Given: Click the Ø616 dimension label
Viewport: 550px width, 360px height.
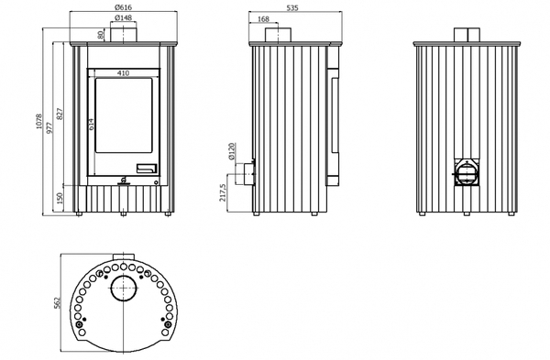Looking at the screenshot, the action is [123, 7].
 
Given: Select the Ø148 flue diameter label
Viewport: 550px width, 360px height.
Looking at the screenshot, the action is [123, 17].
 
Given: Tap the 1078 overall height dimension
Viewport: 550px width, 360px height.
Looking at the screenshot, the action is [38, 121].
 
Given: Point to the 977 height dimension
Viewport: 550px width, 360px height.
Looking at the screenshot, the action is [49, 127].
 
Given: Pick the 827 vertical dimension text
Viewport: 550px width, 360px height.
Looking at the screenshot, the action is [60, 115].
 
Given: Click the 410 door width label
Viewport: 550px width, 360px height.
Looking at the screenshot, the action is [123, 73].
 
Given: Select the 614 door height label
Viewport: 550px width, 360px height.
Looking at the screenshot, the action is [92, 125].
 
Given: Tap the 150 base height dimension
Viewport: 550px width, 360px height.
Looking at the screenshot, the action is [60, 199].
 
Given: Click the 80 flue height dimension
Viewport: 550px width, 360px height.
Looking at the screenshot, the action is [101, 35].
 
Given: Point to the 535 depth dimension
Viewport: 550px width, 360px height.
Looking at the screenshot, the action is [292, 7].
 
